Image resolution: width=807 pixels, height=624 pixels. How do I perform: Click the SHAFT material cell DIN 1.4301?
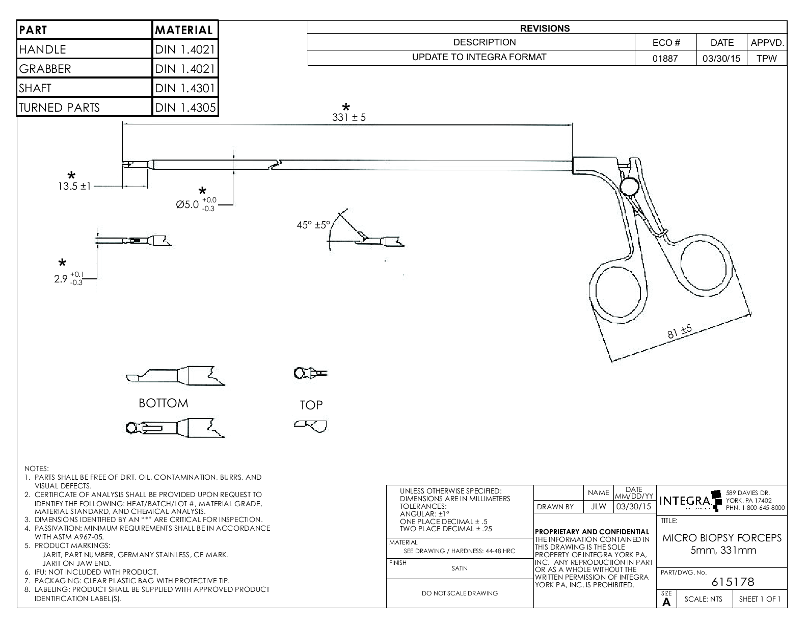185,88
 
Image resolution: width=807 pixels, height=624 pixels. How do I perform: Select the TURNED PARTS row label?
59,107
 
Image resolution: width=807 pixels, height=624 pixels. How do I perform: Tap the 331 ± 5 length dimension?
348,117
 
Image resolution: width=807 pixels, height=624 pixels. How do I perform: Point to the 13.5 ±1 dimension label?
74,186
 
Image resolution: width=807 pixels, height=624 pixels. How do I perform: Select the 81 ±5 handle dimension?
680,332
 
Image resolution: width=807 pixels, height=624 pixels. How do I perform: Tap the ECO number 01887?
665,58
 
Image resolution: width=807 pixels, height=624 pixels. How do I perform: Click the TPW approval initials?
766,58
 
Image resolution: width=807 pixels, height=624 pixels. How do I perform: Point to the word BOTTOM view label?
163,403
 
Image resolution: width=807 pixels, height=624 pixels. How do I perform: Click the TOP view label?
311,405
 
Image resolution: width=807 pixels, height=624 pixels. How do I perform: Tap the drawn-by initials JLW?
598,506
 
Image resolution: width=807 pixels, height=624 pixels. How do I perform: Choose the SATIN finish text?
459,568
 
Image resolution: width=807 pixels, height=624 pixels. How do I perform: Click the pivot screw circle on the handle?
631,186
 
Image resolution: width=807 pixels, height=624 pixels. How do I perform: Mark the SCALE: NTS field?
703,599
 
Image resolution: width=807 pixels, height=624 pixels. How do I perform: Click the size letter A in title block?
666,602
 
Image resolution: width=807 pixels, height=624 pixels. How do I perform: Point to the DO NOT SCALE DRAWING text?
460,593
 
